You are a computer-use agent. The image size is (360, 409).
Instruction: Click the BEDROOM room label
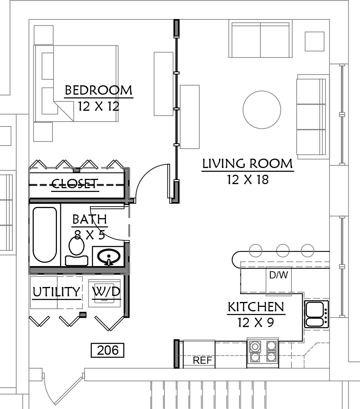[x=99, y=90]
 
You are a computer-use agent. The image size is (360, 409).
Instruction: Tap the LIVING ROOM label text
[x=248, y=164]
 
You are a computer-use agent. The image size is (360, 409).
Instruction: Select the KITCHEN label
[x=256, y=307]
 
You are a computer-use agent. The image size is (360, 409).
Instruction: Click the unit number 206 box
[x=108, y=350]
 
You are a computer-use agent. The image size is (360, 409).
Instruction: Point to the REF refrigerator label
[x=202, y=360]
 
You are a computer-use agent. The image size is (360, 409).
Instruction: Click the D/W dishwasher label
[x=279, y=275]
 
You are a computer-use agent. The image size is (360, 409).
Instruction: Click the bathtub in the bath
[x=45, y=235]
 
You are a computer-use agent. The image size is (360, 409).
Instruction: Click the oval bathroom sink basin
[x=109, y=256]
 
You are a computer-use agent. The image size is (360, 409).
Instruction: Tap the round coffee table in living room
[x=262, y=110]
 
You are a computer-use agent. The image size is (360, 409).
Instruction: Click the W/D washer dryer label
[x=106, y=291]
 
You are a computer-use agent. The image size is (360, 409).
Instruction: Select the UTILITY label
[x=57, y=292]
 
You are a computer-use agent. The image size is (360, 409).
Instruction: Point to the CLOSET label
[x=75, y=184]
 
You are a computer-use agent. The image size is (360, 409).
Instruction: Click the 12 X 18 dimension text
[x=248, y=180]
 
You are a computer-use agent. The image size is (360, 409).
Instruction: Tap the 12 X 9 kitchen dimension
[x=255, y=323]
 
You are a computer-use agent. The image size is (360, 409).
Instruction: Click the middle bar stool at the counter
[x=283, y=250]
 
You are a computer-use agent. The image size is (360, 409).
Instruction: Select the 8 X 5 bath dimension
[x=90, y=235]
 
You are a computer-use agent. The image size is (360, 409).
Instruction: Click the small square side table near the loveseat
[x=315, y=42]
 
